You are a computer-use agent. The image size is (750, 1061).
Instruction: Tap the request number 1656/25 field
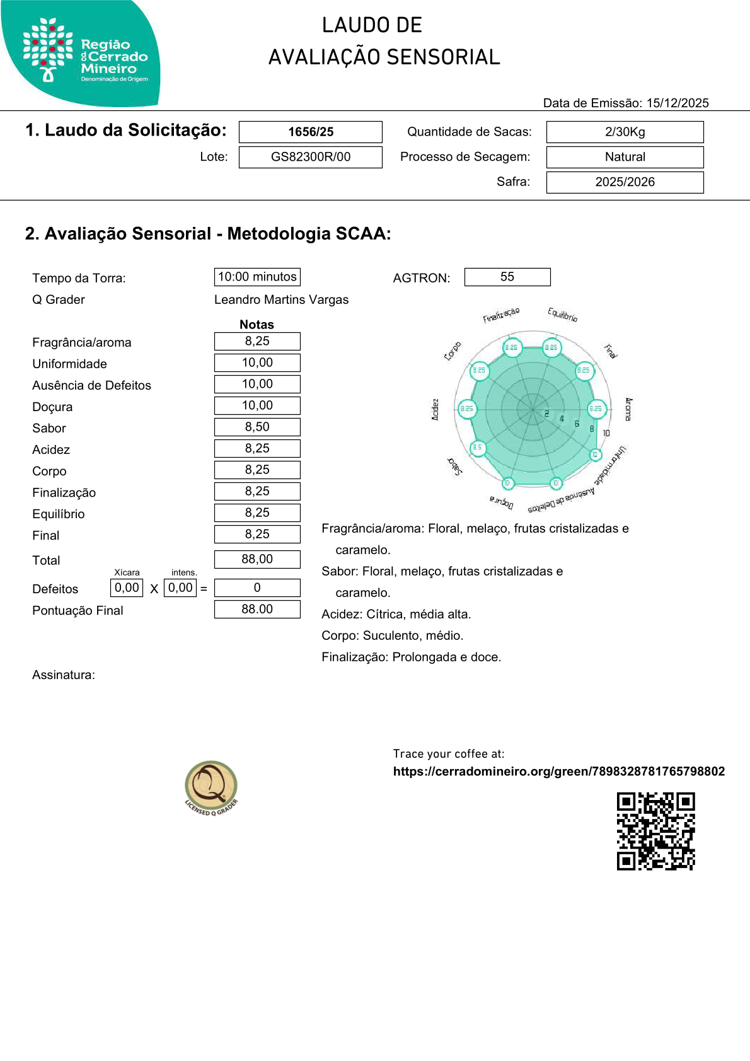coord(311,132)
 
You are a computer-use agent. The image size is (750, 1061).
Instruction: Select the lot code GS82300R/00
coord(311,157)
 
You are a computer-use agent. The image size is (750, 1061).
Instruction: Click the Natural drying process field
coord(625,157)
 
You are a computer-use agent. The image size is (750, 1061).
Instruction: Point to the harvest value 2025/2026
coord(625,182)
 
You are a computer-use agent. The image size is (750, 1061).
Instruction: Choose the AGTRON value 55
coord(507,277)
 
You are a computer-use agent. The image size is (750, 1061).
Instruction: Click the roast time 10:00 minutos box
coord(257,277)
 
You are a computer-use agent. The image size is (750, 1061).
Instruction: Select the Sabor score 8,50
coord(257,427)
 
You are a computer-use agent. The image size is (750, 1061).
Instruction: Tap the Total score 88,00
coord(257,559)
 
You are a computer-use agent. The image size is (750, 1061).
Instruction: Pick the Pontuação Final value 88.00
coord(257,609)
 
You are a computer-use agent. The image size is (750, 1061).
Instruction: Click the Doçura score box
coord(257,405)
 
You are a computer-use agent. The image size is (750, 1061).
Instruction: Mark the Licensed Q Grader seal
coord(211,787)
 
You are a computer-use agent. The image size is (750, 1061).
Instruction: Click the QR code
coord(655,831)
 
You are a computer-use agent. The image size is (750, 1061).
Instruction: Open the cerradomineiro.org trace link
coord(558,772)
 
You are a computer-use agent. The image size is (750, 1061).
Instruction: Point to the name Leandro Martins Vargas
coord(281,300)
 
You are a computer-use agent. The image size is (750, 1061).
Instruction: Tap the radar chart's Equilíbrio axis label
coord(562,314)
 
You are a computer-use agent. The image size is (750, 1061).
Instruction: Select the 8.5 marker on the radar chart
coord(478,448)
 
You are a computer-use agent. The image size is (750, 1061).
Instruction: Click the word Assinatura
coord(64,675)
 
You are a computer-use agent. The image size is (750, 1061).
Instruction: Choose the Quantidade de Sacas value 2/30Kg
coord(625,132)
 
